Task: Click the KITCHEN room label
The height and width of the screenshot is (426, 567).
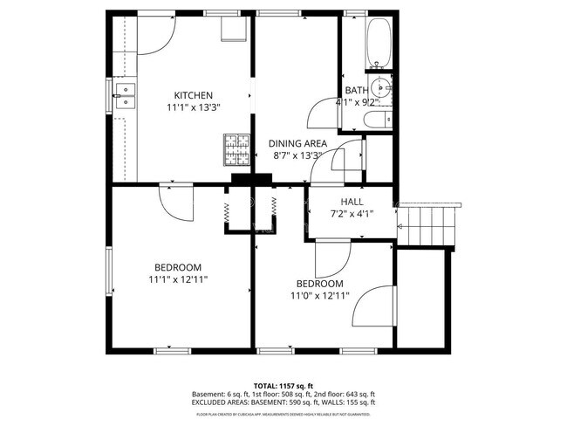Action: [x=193, y=95]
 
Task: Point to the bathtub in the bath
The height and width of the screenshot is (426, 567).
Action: [x=379, y=43]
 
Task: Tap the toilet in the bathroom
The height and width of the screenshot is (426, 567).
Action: [x=377, y=121]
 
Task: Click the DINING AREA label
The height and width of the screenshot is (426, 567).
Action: [x=297, y=143]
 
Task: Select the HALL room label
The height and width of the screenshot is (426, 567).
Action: [x=340, y=201]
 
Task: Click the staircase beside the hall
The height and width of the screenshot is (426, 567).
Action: [x=429, y=225]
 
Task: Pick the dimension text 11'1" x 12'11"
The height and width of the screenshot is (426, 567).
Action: [x=178, y=279]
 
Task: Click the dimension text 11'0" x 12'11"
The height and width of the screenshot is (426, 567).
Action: [x=319, y=296]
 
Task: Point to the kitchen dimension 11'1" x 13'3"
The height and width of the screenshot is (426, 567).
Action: [x=193, y=107]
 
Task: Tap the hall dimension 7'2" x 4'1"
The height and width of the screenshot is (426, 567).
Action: [x=340, y=213]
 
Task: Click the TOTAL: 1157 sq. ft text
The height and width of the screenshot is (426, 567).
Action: [x=283, y=385]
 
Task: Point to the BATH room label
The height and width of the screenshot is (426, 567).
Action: [x=357, y=90]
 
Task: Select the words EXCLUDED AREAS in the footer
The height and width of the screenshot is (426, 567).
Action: [x=218, y=402]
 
